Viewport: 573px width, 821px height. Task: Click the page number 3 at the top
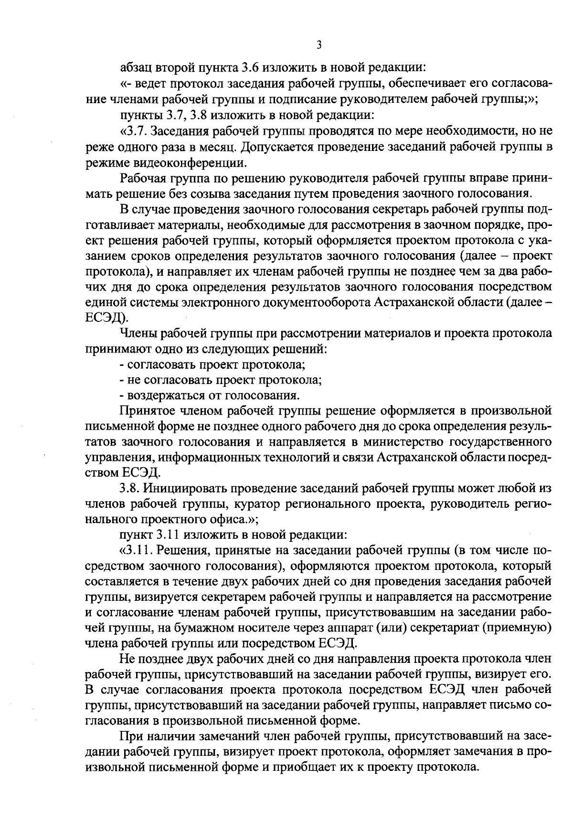tap(319, 45)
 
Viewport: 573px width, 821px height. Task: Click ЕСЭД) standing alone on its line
tap(106, 319)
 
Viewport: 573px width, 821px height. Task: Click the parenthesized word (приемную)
tap(522, 629)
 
